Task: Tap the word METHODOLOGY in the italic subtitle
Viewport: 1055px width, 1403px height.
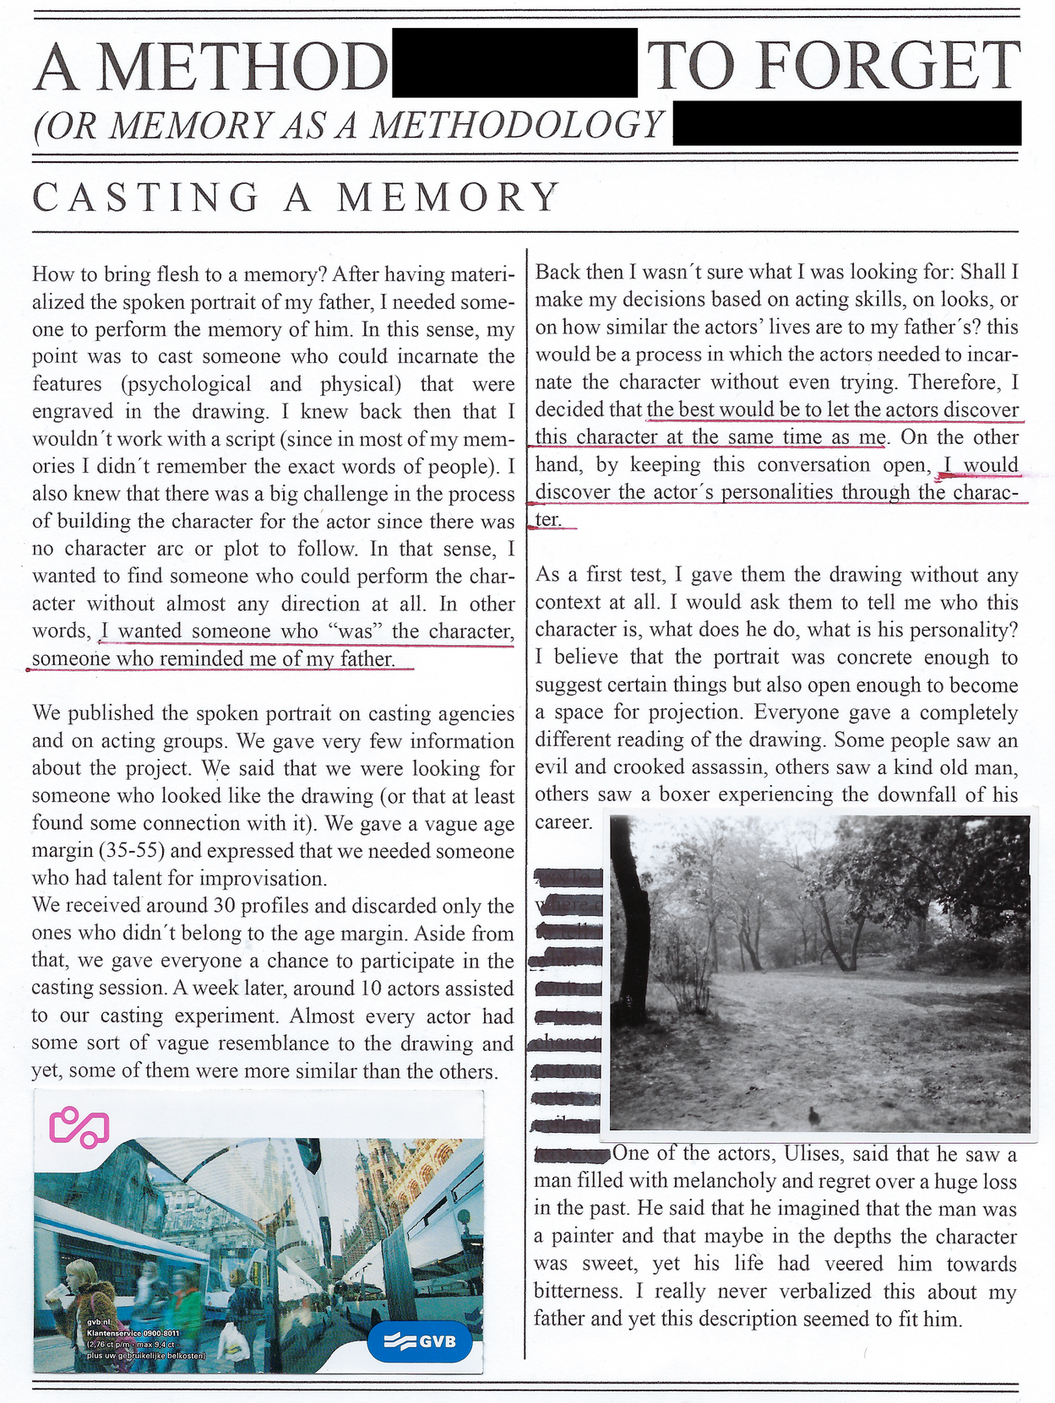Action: click(x=517, y=125)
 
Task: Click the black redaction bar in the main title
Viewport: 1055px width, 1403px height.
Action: click(x=514, y=62)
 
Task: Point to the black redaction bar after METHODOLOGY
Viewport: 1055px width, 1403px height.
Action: click(x=846, y=123)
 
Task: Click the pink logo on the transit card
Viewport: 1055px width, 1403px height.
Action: click(x=80, y=1126)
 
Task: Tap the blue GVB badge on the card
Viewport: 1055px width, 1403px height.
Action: click(x=420, y=1341)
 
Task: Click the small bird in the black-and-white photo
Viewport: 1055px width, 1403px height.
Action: click(x=813, y=1116)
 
